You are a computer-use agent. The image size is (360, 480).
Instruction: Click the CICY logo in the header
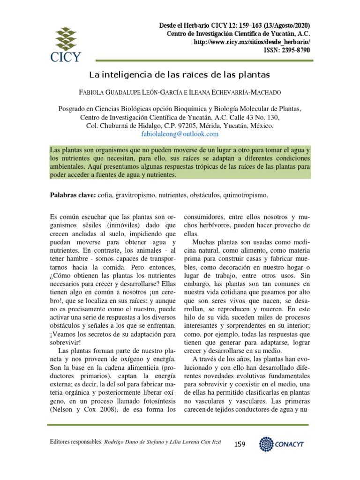click(x=66, y=44)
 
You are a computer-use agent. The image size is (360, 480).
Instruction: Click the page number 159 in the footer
click(x=240, y=444)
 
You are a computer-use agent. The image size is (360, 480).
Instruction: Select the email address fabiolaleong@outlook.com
click(x=180, y=134)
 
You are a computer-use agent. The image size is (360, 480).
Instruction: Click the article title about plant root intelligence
click(x=180, y=75)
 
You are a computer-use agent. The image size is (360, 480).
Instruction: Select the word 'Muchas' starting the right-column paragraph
click(x=203, y=243)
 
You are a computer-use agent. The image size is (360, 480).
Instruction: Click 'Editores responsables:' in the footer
click(x=75, y=442)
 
